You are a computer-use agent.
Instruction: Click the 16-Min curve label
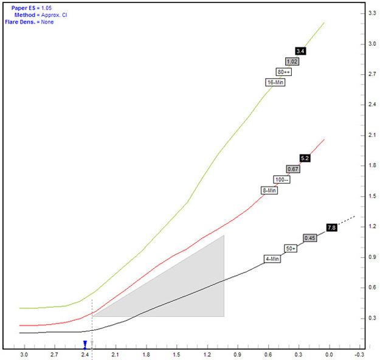pos(275,82)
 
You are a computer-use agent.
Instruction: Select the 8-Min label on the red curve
pos(269,190)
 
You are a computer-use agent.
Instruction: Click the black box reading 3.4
pos(300,51)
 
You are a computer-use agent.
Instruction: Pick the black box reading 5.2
pos(305,158)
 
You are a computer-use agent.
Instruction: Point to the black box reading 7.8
pos(331,227)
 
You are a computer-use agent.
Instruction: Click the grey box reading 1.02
pos(291,61)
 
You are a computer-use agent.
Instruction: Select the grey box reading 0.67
pos(292,169)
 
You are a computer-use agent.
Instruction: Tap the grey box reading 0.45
pos(309,238)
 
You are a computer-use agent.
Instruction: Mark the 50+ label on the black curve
pos(291,249)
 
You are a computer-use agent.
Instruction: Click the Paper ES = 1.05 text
pos(32,8)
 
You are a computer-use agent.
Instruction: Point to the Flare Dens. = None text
pos(29,22)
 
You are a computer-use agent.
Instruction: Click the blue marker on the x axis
pos(85,345)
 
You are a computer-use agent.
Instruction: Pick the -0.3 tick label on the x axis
pos(360,354)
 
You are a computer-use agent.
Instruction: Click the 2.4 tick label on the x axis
pos(85,354)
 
